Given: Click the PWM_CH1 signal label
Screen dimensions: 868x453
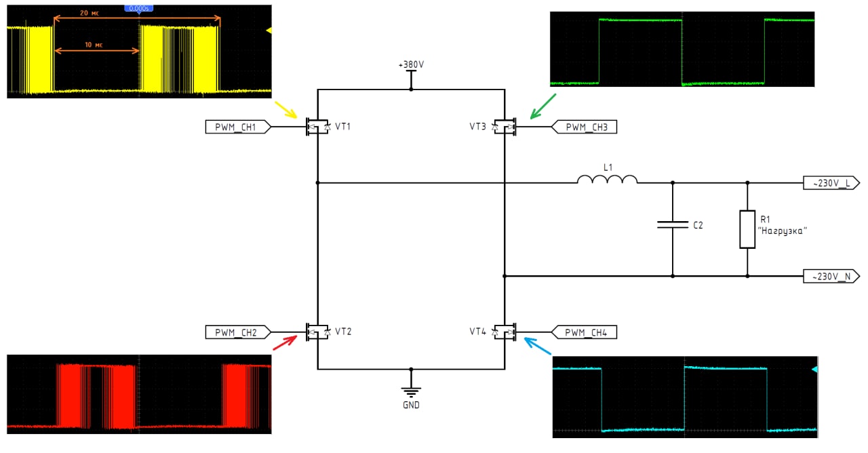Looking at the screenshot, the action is click(238, 127).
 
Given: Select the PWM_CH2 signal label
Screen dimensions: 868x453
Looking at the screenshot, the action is click(238, 332).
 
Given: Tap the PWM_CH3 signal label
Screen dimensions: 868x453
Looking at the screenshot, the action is click(584, 127).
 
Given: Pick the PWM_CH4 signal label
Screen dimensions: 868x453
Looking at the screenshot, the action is click(584, 332).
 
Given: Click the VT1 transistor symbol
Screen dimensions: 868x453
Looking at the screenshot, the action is click(318, 127).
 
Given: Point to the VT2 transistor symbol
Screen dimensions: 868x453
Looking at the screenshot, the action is click(318, 332).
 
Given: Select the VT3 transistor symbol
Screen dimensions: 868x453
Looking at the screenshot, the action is click(505, 127).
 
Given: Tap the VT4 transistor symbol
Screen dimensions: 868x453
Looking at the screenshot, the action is click(505, 332).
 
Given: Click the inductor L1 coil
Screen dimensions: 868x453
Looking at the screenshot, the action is click(607, 179).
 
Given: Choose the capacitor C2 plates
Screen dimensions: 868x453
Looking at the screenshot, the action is click(673, 224).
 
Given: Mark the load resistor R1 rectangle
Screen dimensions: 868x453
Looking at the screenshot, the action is click(747, 229).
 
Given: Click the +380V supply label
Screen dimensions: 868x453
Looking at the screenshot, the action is click(411, 64).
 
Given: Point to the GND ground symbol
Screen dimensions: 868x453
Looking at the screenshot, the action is click(411, 391).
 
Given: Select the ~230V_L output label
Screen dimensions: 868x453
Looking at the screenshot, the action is click(831, 183).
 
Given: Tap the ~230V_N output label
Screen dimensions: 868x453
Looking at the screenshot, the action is click(831, 276).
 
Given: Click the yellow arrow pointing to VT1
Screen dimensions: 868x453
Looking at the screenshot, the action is click(286, 110).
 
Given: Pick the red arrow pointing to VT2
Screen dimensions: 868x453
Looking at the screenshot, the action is click(285, 342).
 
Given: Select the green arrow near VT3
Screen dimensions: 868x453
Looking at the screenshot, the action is click(543, 106).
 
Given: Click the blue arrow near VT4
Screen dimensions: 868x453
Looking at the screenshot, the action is click(538, 346).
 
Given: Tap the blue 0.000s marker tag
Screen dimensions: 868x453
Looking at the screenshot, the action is click(139, 9).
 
